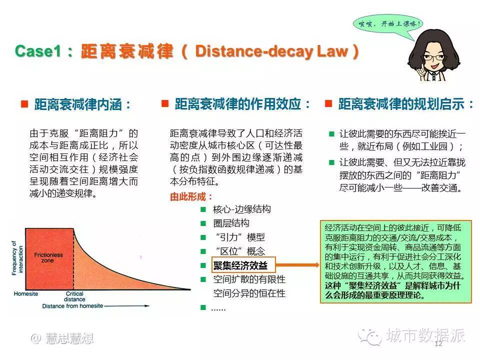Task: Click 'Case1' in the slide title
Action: (x=37, y=51)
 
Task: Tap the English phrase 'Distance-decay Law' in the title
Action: (x=272, y=51)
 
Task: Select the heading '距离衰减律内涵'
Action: (x=78, y=104)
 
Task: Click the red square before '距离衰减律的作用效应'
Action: (x=165, y=103)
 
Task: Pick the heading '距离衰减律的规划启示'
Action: (x=401, y=104)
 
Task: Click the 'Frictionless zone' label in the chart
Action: (x=48, y=257)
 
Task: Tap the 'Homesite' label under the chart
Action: (x=26, y=294)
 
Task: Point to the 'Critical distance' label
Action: (x=74, y=296)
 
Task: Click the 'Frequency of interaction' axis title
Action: (x=17, y=258)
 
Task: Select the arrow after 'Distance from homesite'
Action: (x=126, y=306)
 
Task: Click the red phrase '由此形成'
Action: (x=187, y=196)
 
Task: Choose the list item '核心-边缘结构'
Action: (x=242, y=209)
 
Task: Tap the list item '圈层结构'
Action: (x=231, y=223)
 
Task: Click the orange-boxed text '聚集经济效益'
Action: (x=240, y=265)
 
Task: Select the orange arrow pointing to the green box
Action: (x=297, y=265)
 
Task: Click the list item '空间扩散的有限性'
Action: (x=249, y=279)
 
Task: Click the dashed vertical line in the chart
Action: (x=73, y=259)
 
